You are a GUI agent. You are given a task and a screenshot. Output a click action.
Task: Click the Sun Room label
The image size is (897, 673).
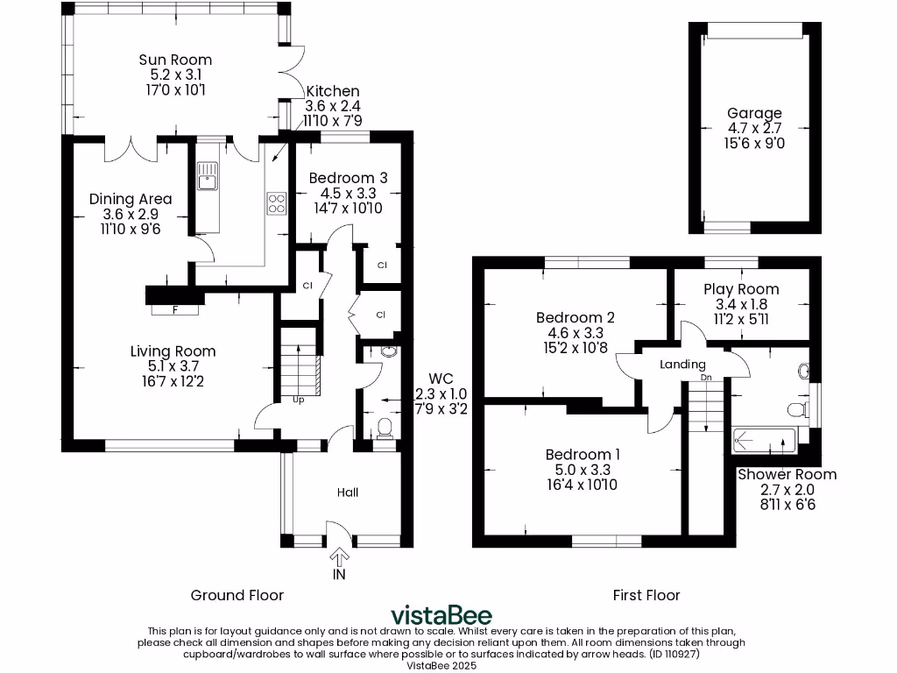click(175, 60)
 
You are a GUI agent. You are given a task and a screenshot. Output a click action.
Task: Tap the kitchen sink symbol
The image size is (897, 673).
click(208, 176)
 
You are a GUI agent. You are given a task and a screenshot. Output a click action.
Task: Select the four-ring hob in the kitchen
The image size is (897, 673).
click(277, 203)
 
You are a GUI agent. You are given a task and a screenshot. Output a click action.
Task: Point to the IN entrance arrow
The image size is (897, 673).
click(339, 561)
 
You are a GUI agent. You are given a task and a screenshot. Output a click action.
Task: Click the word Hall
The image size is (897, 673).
click(348, 492)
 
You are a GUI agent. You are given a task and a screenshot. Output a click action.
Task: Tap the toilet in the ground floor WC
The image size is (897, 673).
click(384, 428)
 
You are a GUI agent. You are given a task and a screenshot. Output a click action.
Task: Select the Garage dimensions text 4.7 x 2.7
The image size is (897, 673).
click(754, 128)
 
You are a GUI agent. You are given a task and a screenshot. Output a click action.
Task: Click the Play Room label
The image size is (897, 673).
click(741, 289)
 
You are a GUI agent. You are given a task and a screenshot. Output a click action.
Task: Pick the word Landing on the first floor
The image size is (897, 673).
click(682, 365)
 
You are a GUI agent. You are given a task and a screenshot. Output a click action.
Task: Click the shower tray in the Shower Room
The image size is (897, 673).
click(762, 439)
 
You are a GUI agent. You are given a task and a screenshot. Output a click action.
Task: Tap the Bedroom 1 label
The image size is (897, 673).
click(583, 454)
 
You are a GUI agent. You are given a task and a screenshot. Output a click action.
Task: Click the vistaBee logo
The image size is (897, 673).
click(441, 614)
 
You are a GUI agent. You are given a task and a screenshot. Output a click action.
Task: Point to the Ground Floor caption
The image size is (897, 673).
click(237, 595)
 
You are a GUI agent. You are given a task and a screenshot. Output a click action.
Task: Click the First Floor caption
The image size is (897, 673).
click(646, 595)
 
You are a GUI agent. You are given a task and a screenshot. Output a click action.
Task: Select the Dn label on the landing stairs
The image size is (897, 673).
click(706, 378)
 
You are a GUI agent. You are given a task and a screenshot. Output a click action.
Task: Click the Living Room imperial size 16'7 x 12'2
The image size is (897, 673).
click(173, 381)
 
